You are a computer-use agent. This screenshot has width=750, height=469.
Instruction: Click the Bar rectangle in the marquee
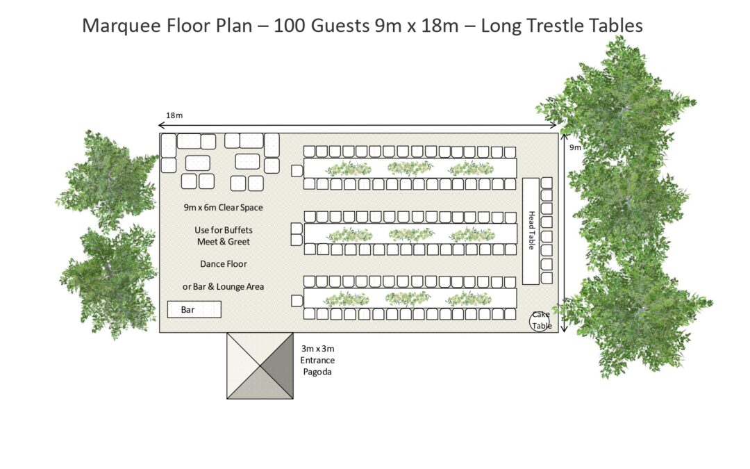click(x=194, y=309)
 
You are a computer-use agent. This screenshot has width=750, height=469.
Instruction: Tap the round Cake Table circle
click(x=540, y=321)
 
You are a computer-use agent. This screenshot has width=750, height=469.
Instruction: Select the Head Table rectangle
click(x=531, y=231)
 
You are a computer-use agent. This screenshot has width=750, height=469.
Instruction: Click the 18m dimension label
click(x=174, y=115)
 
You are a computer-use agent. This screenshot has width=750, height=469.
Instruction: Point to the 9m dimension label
click(x=576, y=148)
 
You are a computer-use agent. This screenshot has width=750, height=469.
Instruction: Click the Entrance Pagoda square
click(x=260, y=365)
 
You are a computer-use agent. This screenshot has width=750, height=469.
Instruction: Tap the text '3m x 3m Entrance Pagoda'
click(x=317, y=360)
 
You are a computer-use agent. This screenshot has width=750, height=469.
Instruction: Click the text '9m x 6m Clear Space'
click(x=223, y=207)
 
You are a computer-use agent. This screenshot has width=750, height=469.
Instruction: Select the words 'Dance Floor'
click(x=223, y=264)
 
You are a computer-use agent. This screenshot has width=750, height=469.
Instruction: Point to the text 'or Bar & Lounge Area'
click(x=223, y=287)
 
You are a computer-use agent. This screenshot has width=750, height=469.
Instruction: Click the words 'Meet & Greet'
click(x=223, y=242)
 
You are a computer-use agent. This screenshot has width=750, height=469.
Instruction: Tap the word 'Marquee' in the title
click(x=116, y=26)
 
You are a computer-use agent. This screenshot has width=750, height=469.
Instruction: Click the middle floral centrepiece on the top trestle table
click(x=410, y=168)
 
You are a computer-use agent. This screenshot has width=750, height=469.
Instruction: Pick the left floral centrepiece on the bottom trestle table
click(x=348, y=299)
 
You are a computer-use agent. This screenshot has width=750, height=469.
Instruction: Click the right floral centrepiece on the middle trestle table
click(x=472, y=234)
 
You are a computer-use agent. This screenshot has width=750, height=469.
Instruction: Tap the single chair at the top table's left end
click(x=297, y=170)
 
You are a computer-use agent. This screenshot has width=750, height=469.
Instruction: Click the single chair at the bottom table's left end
click(x=297, y=301)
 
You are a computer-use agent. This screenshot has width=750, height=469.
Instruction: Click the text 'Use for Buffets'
click(x=223, y=230)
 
